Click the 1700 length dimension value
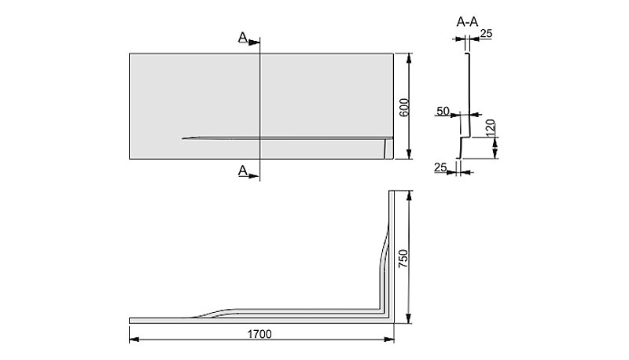click(x=259, y=334)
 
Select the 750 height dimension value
click(x=403, y=259)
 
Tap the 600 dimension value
click(x=404, y=107)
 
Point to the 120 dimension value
click(x=491, y=128)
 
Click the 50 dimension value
click(x=443, y=111)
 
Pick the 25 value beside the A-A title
click(x=486, y=34)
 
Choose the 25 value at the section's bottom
click(x=440, y=167)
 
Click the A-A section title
click(x=467, y=22)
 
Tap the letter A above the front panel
click(x=243, y=37)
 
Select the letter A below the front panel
click(x=243, y=171)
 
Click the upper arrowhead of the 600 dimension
click(x=409, y=58)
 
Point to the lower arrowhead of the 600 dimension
click(x=409, y=153)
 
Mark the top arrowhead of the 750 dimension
click(x=409, y=197)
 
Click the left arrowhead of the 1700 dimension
click(x=134, y=340)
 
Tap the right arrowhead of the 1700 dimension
click(x=388, y=340)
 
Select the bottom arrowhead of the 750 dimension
click(x=409, y=318)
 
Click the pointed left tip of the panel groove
click(x=182, y=138)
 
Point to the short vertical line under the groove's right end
click(x=385, y=149)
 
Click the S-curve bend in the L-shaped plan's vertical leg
click(x=384, y=247)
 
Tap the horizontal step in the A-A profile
click(x=465, y=137)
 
